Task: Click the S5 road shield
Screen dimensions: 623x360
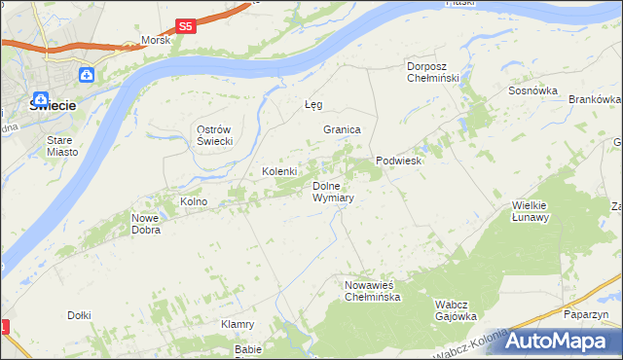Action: click(x=186, y=27)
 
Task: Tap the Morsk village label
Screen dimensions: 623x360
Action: click(x=156, y=41)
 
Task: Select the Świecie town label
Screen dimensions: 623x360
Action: click(x=47, y=109)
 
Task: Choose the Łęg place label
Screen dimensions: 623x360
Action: click(x=312, y=104)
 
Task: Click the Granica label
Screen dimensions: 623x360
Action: click(x=343, y=129)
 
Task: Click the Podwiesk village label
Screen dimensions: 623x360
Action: click(x=398, y=162)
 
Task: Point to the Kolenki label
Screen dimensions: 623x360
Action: click(x=278, y=172)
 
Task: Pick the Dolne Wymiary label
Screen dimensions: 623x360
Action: click(x=332, y=192)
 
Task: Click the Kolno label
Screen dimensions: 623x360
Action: click(x=194, y=201)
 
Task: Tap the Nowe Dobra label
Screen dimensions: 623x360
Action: click(x=145, y=225)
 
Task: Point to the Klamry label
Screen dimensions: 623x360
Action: click(x=238, y=324)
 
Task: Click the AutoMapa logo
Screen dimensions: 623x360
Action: click(x=555, y=341)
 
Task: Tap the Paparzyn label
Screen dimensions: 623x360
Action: click(x=586, y=315)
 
